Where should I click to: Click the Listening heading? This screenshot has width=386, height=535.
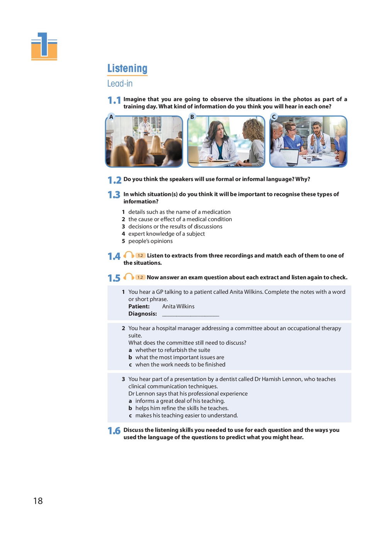tap(127, 68)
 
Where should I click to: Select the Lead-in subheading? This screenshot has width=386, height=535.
tap(120, 83)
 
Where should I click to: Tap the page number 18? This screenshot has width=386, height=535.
tap(38, 501)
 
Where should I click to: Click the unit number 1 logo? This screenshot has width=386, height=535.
tap(44, 46)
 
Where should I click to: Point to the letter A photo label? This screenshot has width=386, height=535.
tap(111, 117)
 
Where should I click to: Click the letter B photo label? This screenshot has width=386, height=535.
tap(192, 117)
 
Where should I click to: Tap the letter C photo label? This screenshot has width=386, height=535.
tap(274, 117)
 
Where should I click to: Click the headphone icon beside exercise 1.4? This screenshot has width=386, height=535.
tap(129, 255)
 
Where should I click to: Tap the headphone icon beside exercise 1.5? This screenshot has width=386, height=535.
tap(129, 277)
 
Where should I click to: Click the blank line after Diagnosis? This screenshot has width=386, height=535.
tap(190, 314)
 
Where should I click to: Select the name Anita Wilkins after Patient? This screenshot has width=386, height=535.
tap(178, 306)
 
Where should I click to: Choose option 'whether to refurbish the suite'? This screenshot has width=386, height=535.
tap(173, 350)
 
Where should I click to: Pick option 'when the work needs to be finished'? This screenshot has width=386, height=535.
tap(180, 364)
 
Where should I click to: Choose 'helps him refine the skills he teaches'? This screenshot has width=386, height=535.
tap(182, 408)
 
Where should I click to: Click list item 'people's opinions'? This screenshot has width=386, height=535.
tap(151, 241)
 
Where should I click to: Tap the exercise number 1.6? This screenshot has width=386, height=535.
tap(114, 431)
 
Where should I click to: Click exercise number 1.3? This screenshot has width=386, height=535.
tap(114, 195)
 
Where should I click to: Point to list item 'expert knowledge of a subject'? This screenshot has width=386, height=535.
tap(166, 234)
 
